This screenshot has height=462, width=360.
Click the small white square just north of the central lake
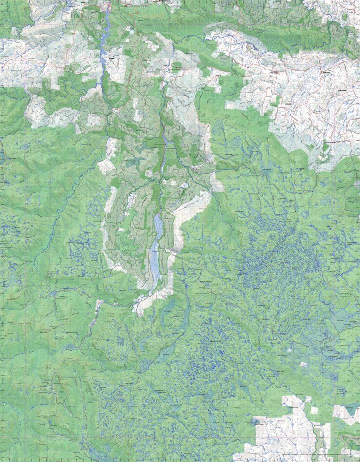[x=174, y=182]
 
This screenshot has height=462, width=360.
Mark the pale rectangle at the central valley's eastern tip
[x=218, y=186]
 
